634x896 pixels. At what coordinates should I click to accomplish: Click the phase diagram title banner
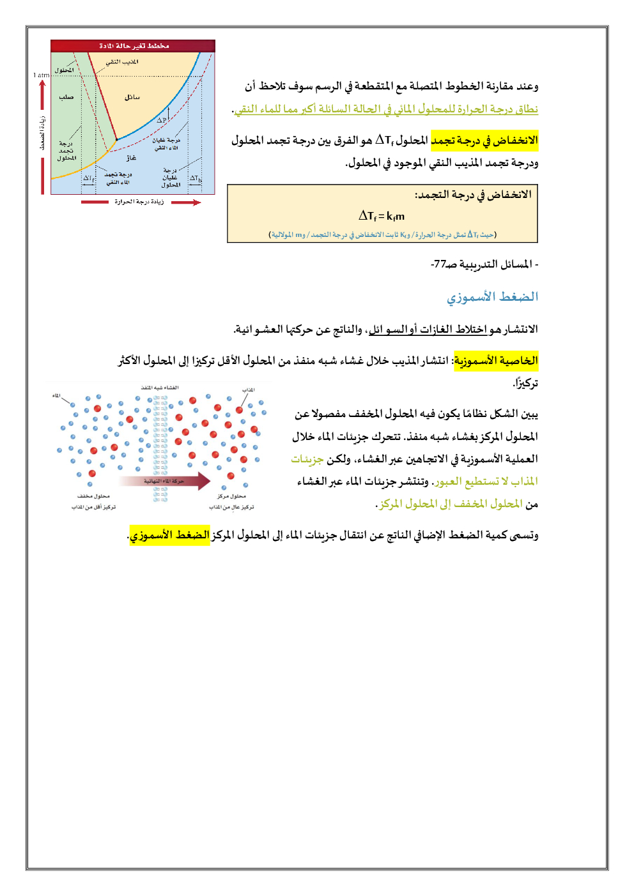[133, 46]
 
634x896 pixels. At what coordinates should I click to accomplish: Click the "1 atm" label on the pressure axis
[41, 75]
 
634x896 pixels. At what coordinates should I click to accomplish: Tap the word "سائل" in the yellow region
[132, 97]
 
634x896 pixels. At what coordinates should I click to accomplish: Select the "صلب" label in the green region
[66, 97]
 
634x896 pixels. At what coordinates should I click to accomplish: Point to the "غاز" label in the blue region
[131, 158]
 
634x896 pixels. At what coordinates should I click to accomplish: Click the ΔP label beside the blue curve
[162, 119]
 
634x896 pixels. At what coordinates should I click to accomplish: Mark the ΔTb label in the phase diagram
[195, 178]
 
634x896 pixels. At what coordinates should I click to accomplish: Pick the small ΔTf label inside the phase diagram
[88, 179]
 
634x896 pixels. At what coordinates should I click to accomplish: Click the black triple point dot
[116, 140]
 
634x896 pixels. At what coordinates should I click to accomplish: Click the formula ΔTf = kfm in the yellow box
[382, 216]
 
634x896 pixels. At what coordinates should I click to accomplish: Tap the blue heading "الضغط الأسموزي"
[492, 296]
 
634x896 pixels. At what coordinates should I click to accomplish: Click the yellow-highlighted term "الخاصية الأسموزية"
[496, 360]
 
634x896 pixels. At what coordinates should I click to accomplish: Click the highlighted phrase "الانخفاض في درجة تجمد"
[484, 140]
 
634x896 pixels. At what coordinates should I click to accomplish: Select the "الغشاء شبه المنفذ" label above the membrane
[160, 388]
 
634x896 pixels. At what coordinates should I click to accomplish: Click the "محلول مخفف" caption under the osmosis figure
[93, 496]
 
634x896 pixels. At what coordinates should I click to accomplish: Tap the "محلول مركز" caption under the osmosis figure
[231, 496]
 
